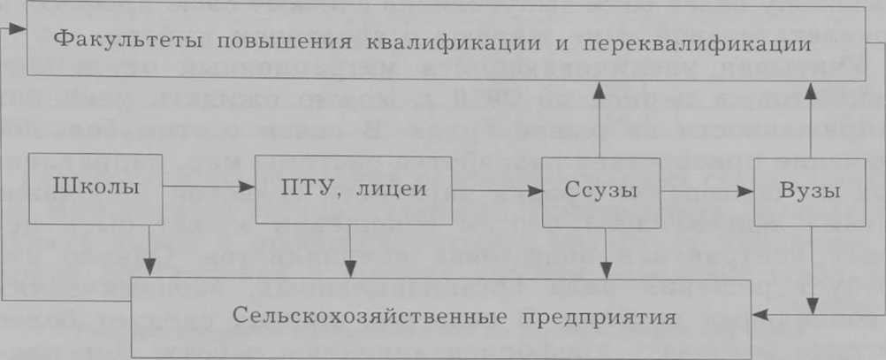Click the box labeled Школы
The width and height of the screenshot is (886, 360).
click(x=96, y=189)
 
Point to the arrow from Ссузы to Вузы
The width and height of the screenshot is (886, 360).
click(x=707, y=192)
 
